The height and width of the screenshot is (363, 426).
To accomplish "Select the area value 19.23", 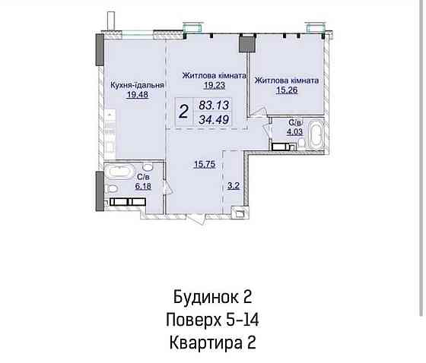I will pos(213,86).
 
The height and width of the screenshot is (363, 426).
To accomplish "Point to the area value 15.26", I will pos(286,90).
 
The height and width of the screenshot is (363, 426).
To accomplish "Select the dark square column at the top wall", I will pos(245,43).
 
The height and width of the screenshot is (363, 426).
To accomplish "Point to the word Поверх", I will pos(194,319).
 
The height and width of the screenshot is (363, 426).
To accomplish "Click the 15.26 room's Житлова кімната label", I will pos(286,80).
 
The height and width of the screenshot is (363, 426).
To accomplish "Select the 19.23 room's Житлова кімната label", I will pos(213,76).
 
